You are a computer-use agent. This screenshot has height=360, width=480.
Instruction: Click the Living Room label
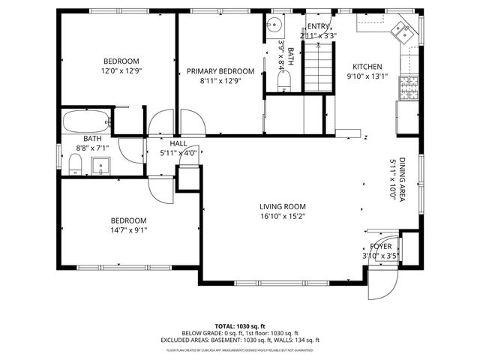click(x=283, y=207)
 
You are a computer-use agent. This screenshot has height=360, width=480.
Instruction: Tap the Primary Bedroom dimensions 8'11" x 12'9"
click(x=220, y=82)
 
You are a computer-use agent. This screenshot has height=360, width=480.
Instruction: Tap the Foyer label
click(x=380, y=246)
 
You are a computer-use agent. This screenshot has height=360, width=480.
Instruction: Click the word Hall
click(x=178, y=142)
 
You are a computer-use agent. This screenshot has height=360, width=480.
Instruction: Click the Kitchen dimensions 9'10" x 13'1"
click(x=367, y=76)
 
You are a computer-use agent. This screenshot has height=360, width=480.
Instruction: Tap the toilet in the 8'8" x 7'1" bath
click(x=75, y=165)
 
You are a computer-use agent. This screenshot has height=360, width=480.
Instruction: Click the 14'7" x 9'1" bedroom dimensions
click(x=129, y=230)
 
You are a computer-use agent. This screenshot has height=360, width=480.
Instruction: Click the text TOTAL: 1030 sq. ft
click(x=240, y=326)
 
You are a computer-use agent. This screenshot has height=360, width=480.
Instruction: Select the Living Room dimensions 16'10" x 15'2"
click(x=283, y=217)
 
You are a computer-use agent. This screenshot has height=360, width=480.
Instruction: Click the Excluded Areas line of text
click(x=240, y=340)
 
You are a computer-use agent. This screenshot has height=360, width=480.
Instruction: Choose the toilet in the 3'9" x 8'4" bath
click(x=282, y=88)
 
